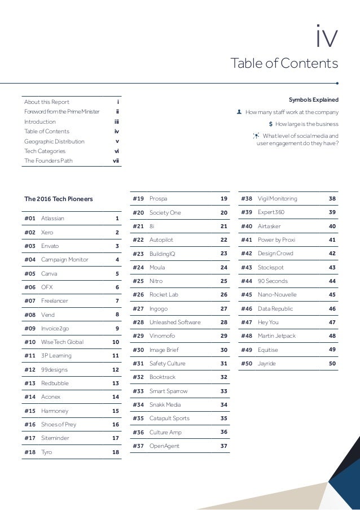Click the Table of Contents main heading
285,62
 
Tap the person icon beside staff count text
239,112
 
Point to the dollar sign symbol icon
271,124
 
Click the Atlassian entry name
52,218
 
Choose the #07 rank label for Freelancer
30,300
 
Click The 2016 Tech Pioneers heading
59,199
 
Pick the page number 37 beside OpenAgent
223,446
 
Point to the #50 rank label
247,364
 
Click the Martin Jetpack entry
276,336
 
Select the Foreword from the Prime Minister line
62,112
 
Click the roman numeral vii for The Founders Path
116,161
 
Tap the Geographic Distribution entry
54,141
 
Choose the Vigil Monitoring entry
277,199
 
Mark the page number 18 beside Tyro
115,452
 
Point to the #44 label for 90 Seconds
247,281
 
